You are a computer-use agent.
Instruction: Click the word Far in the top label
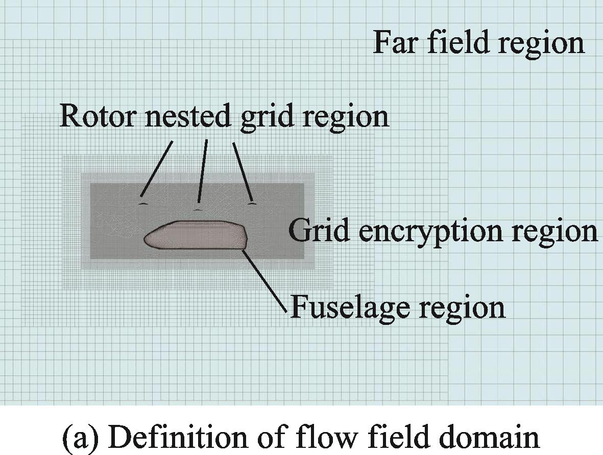pos(397,42)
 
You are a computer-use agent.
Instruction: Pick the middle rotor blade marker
pos(198,209)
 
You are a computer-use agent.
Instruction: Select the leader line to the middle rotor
pos(203,171)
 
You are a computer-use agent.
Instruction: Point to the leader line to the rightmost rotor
pos(242,171)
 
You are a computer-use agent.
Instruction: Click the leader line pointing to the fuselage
pos(266,278)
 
